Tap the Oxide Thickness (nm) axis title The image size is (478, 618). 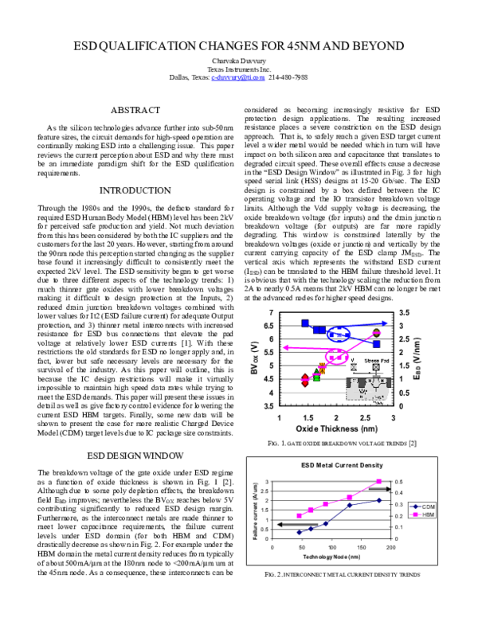pyautogui.click(x=335, y=427)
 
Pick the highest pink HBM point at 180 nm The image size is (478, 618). pyautogui.click(x=379, y=482)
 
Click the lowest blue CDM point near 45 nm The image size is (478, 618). pyautogui.click(x=299, y=532)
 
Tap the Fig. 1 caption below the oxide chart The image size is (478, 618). pyautogui.click(x=336, y=443)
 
